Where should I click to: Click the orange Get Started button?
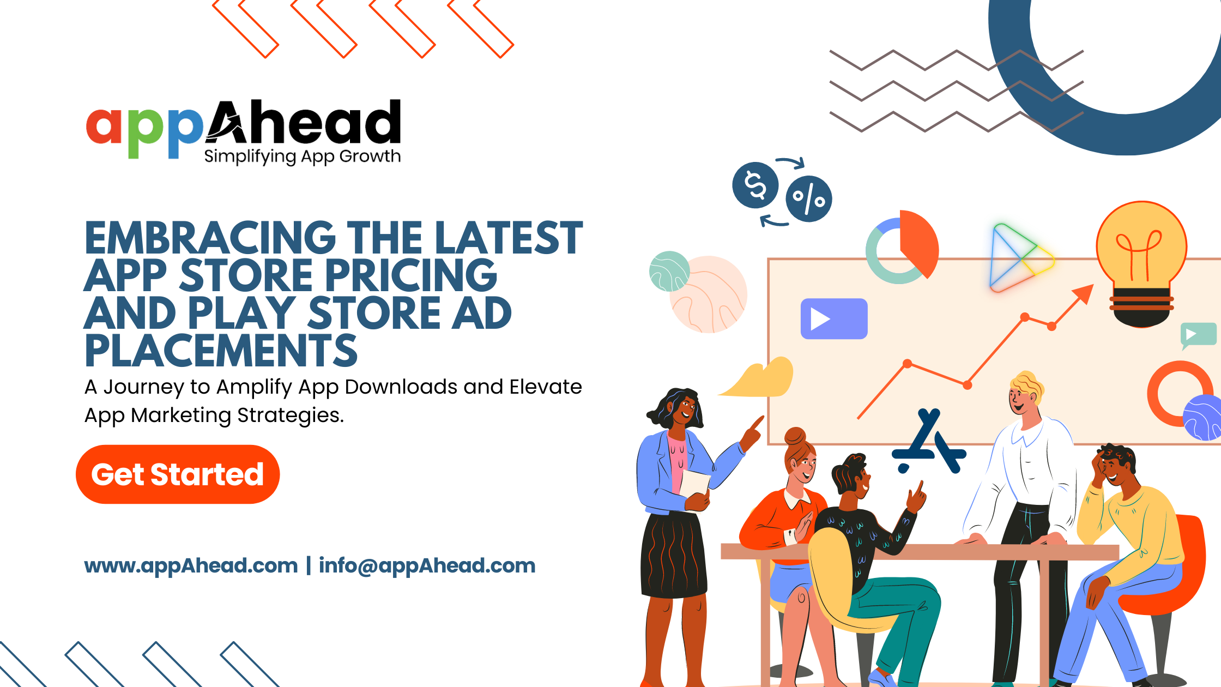tap(178, 474)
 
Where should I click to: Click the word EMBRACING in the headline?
tap(210, 238)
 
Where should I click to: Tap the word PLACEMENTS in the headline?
tap(221, 351)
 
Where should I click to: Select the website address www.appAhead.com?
tap(191, 566)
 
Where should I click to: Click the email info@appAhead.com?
tap(427, 566)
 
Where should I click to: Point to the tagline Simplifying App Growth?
tap(303, 156)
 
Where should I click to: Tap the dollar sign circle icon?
tap(755, 185)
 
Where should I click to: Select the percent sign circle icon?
tap(809, 198)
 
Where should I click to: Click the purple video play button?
tap(834, 319)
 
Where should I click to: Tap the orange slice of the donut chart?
tap(918, 242)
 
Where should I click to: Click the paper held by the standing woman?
tap(694, 483)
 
